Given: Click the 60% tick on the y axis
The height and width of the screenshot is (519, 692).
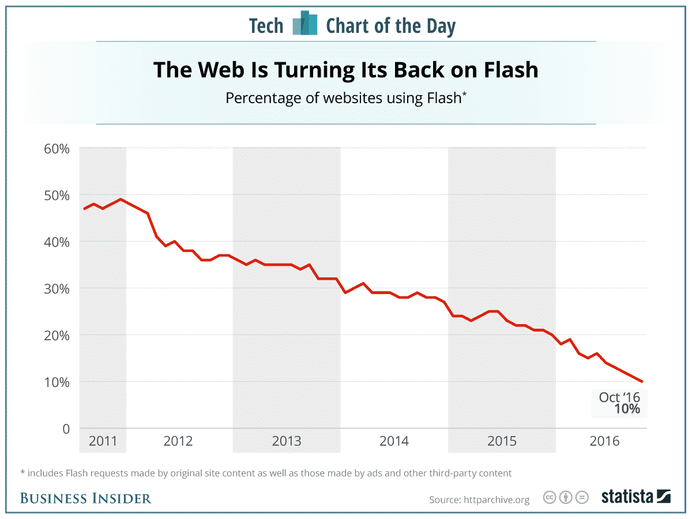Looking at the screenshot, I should (57, 148).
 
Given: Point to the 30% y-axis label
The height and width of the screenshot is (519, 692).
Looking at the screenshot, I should (57, 288).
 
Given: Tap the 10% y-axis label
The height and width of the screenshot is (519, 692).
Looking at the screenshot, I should (57, 382).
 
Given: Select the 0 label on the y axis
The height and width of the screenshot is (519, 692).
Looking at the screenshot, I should (65, 428).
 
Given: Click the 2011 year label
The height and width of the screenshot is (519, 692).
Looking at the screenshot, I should (103, 441).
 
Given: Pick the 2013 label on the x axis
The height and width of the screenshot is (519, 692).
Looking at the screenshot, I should (287, 441).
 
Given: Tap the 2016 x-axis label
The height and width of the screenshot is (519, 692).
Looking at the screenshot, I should (604, 441).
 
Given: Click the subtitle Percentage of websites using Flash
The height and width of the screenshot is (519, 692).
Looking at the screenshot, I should (345, 98).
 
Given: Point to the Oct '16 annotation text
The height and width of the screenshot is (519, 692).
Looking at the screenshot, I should (619, 397).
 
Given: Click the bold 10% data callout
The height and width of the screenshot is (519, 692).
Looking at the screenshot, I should (626, 409).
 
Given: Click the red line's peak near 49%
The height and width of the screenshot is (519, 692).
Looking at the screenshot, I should (120, 199).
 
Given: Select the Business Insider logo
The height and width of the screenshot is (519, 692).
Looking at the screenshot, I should (85, 498).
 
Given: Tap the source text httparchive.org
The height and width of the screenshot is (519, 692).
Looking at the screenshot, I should (496, 499).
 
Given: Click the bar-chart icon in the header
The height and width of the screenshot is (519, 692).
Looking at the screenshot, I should (305, 25).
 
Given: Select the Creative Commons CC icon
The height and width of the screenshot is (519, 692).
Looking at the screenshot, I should (550, 497).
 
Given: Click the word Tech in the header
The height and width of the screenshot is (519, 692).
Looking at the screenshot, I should (266, 26).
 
